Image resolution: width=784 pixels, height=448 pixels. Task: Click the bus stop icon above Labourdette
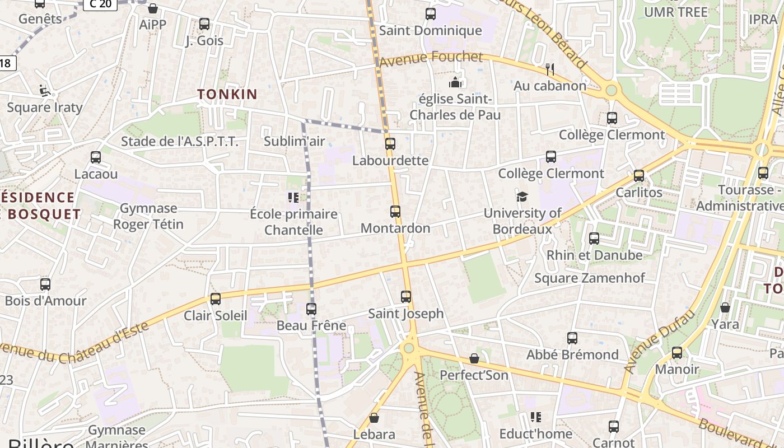click(390, 144)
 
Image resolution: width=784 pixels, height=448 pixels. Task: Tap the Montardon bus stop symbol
click(395, 212)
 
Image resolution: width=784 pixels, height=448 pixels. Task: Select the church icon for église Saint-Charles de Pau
click(455, 83)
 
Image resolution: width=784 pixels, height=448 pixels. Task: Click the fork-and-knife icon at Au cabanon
click(550, 69)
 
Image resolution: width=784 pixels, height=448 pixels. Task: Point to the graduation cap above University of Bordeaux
click(522, 197)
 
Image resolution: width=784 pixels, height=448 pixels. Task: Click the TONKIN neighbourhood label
click(227, 94)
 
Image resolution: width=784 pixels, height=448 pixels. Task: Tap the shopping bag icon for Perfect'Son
click(474, 358)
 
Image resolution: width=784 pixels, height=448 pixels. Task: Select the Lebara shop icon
click(374, 418)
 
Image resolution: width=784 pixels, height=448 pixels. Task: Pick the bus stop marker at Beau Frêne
click(311, 309)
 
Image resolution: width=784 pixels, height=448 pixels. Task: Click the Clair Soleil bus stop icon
click(216, 299)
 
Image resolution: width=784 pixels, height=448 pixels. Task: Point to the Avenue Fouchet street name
click(431, 58)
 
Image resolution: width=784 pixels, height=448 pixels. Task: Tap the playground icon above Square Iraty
click(44, 90)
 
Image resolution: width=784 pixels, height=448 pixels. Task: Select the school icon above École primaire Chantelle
click(293, 197)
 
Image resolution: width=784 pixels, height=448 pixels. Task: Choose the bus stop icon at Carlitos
click(639, 176)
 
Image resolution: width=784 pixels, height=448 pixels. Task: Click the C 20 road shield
click(100, 4)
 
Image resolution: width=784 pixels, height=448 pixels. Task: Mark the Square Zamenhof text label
click(589, 278)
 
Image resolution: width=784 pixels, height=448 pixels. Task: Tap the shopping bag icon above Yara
click(725, 307)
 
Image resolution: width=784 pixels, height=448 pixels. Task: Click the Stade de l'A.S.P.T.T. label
click(180, 142)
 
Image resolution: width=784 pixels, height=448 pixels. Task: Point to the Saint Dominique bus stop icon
click(431, 14)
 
